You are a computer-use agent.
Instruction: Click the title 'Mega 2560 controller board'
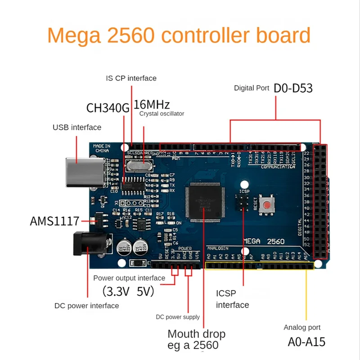click(179, 36)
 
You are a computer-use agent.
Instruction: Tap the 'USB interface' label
click(77, 127)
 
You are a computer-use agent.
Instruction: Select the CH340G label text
click(108, 108)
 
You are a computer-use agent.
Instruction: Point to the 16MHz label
click(152, 105)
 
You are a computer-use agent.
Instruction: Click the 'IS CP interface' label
click(131, 78)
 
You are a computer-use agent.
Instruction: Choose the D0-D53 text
click(293, 88)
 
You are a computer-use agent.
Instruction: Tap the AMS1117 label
click(54, 221)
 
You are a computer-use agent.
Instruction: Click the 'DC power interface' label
click(87, 306)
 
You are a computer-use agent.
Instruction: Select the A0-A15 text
click(306, 342)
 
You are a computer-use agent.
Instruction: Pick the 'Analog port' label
click(302, 328)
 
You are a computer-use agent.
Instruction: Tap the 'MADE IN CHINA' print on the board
click(102, 148)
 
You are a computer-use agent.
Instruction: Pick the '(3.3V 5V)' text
click(128, 292)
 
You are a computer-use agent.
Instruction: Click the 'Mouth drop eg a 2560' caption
click(196, 340)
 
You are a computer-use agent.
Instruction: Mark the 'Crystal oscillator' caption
click(162, 114)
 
